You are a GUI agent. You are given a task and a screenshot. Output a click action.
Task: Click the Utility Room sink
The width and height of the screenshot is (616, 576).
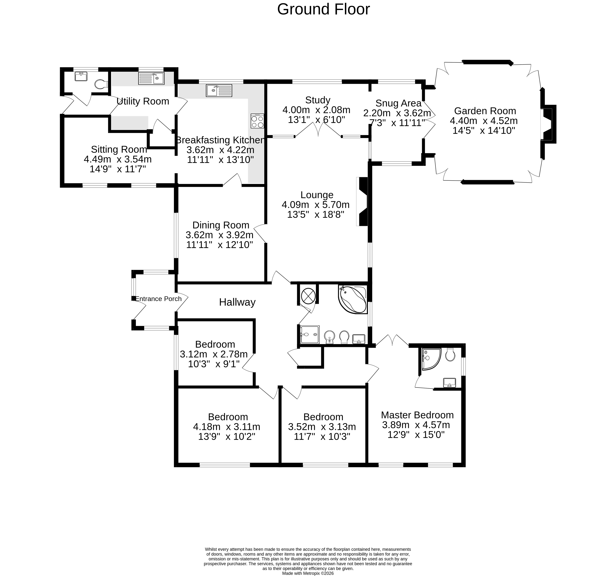click(151, 78)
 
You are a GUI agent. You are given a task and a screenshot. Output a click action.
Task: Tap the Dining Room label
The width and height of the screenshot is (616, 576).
click(221, 225)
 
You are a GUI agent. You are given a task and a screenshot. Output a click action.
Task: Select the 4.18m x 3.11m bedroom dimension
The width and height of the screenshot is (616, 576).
click(226, 427)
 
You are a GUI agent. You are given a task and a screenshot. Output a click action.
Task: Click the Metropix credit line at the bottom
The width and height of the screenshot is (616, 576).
click(308, 573)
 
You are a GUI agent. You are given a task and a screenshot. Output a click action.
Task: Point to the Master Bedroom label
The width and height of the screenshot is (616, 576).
click(417, 415)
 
